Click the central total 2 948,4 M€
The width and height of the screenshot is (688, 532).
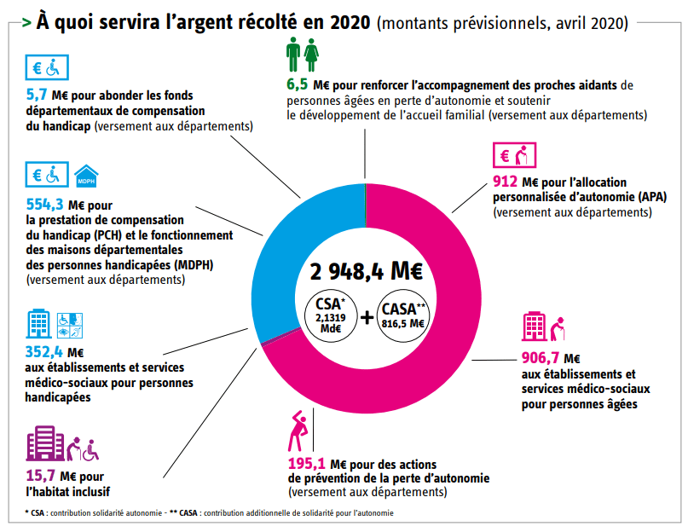[366, 272]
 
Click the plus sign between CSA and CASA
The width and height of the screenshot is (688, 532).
[367, 317]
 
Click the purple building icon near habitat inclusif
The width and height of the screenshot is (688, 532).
[46, 444]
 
